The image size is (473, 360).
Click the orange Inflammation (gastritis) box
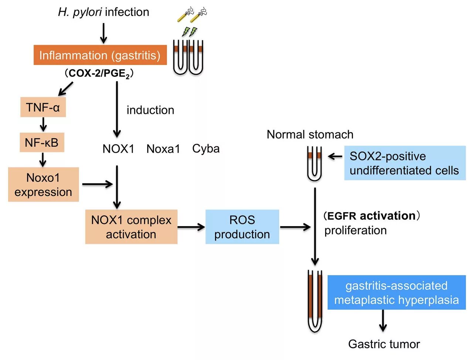pyautogui.click(x=100, y=55)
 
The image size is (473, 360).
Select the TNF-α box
pyautogui.click(x=43, y=107)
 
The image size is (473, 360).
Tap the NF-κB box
pyautogui.click(x=42, y=142)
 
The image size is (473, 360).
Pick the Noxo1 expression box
pyautogui.click(x=43, y=184)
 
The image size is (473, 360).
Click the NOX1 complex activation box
pyautogui.click(x=131, y=227)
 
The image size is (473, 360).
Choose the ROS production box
pyautogui.click(x=242, y=227)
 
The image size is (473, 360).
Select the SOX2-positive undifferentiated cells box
pyautogui.click(x=405, y=163)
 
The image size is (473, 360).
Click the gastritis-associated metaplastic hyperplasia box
pyautogui.click(x=397, y=292)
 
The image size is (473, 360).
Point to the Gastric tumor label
pyautogui.click(x=384, y=344)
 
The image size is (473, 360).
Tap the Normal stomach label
pyautogui.click(x=310, y=134)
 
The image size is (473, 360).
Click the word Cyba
pyautogui.click(x=206, y=149)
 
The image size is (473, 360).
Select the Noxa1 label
pyautogui.click(x=163, y=149)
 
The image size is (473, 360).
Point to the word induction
pyautogui.click(x=150, y=110)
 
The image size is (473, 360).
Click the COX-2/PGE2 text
pyautogui.click(x=99, y=74)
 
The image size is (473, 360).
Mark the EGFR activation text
pyautogui.click(x=371, y=215)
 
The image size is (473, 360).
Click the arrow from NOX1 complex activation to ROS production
pyautogui.click(x=191, y=227)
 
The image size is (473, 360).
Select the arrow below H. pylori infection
pyautogui.click(x=104, y=33)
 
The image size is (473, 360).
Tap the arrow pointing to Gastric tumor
pyautogui.click(x=383, y=320)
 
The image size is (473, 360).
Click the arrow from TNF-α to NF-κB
pyautogui.click(x=43, y=125)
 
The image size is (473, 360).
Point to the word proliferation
pyautogui.click(x=355, y=230)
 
